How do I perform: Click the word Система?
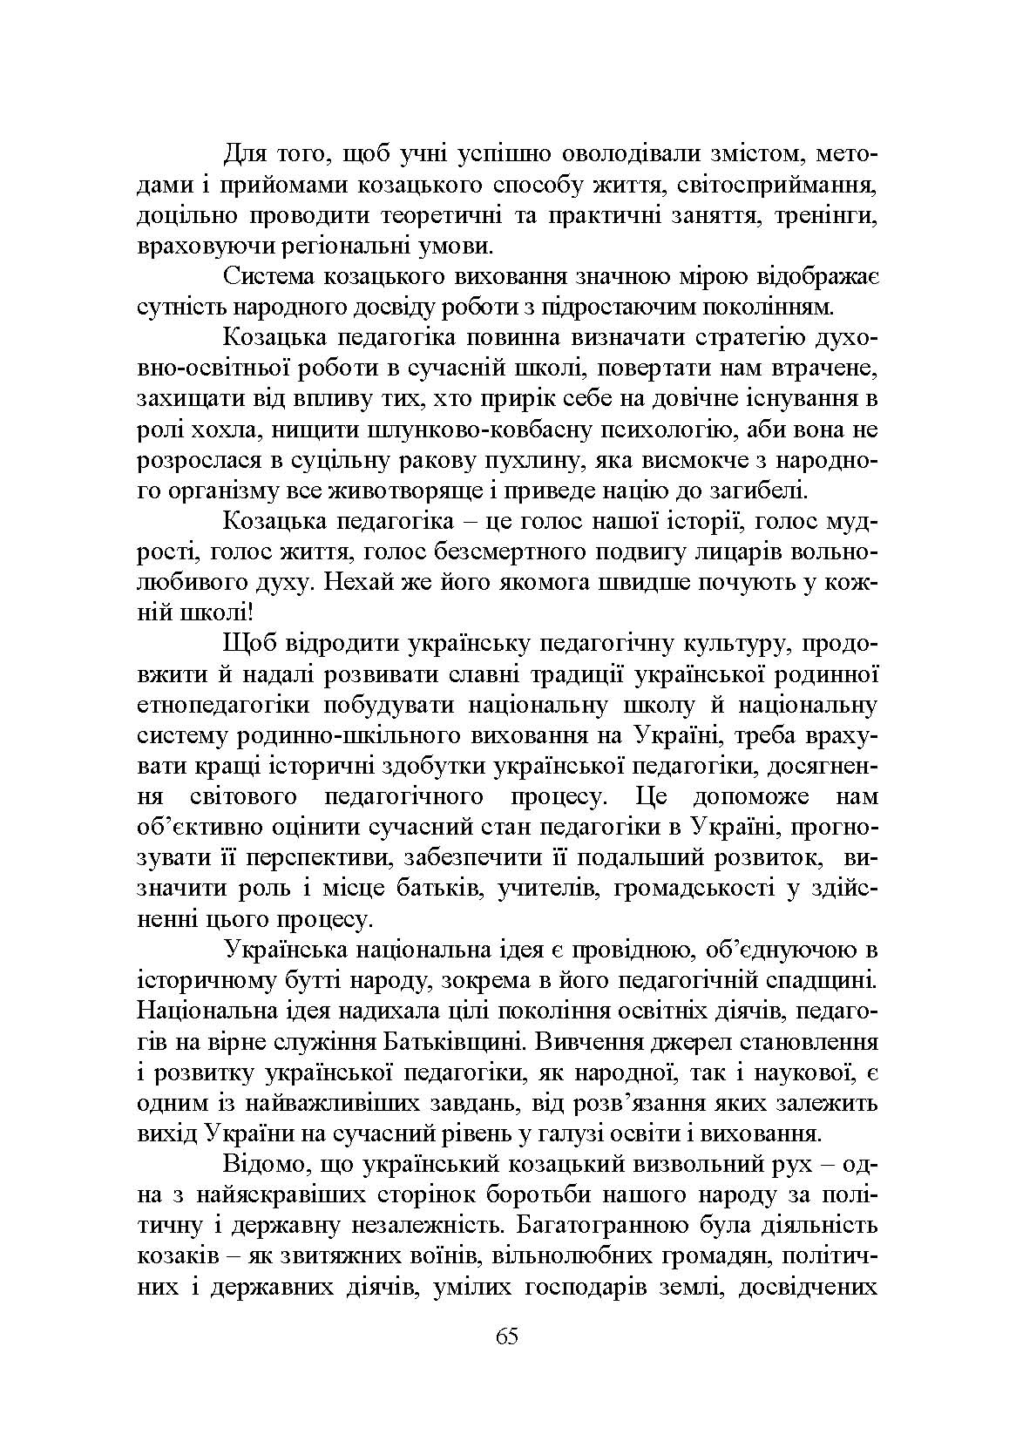(x=269, y=277)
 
